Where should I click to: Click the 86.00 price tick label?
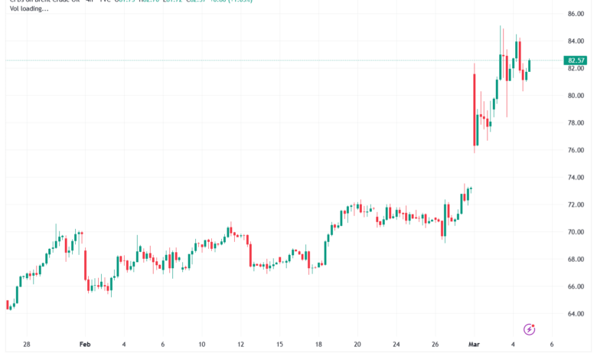pos(576,14)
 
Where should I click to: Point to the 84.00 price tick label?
pos(576,41)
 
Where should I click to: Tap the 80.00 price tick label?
pos(576,96)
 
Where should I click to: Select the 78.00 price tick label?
pos(576,123)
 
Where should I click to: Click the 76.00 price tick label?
pos(576,150)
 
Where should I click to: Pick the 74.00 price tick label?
pos(576,178)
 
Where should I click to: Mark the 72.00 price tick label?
pos(576,205)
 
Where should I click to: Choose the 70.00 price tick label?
pos(576,232)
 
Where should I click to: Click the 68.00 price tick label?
pos(576,260)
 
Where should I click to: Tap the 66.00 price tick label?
pos(576,286)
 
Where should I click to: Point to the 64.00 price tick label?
pos(576,314)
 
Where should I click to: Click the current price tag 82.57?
pos(576,61)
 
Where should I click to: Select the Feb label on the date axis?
pos(85,345)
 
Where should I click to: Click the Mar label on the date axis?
pos(474,345)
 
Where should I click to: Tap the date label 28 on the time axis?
pos(27,345)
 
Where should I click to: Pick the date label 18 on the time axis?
pos(318,345)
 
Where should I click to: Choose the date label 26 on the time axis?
pos(435,345)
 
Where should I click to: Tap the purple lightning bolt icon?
pos(529,329)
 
